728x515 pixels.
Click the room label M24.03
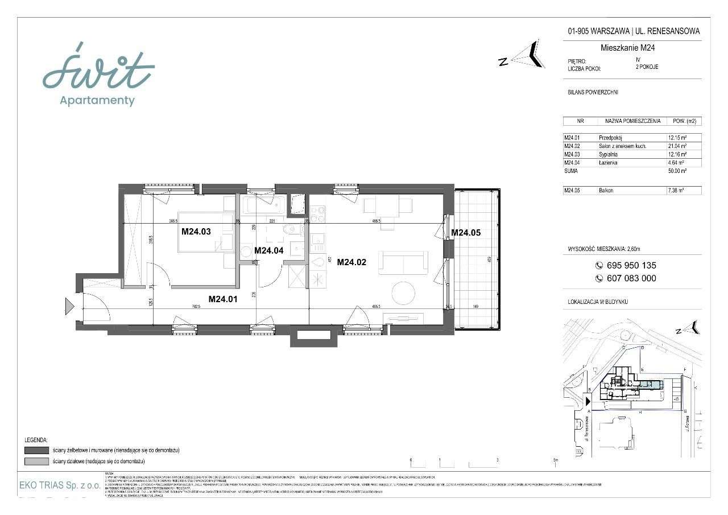point(196,232)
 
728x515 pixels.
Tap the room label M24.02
point(351,262)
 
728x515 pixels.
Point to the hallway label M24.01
point(224,299)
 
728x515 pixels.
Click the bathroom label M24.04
point(269,250)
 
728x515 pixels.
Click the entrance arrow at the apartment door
point(69,307)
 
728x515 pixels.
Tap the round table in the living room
point(404,292)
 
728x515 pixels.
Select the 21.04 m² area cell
point(677,146)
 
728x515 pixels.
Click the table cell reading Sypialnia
point(609,154)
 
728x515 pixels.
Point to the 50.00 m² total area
point(677,171)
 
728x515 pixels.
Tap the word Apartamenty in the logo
point(97,101)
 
